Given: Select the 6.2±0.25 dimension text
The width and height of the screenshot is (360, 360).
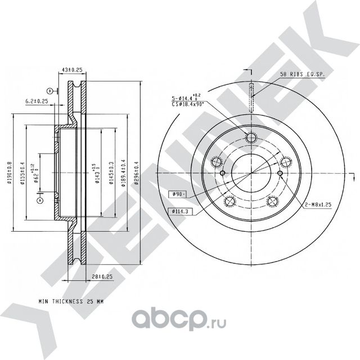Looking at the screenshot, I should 36,101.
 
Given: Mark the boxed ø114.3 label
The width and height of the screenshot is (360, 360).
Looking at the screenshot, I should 179,211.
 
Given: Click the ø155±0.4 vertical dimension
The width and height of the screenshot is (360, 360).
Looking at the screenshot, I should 23,172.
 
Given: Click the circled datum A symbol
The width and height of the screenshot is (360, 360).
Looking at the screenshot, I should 40,200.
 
